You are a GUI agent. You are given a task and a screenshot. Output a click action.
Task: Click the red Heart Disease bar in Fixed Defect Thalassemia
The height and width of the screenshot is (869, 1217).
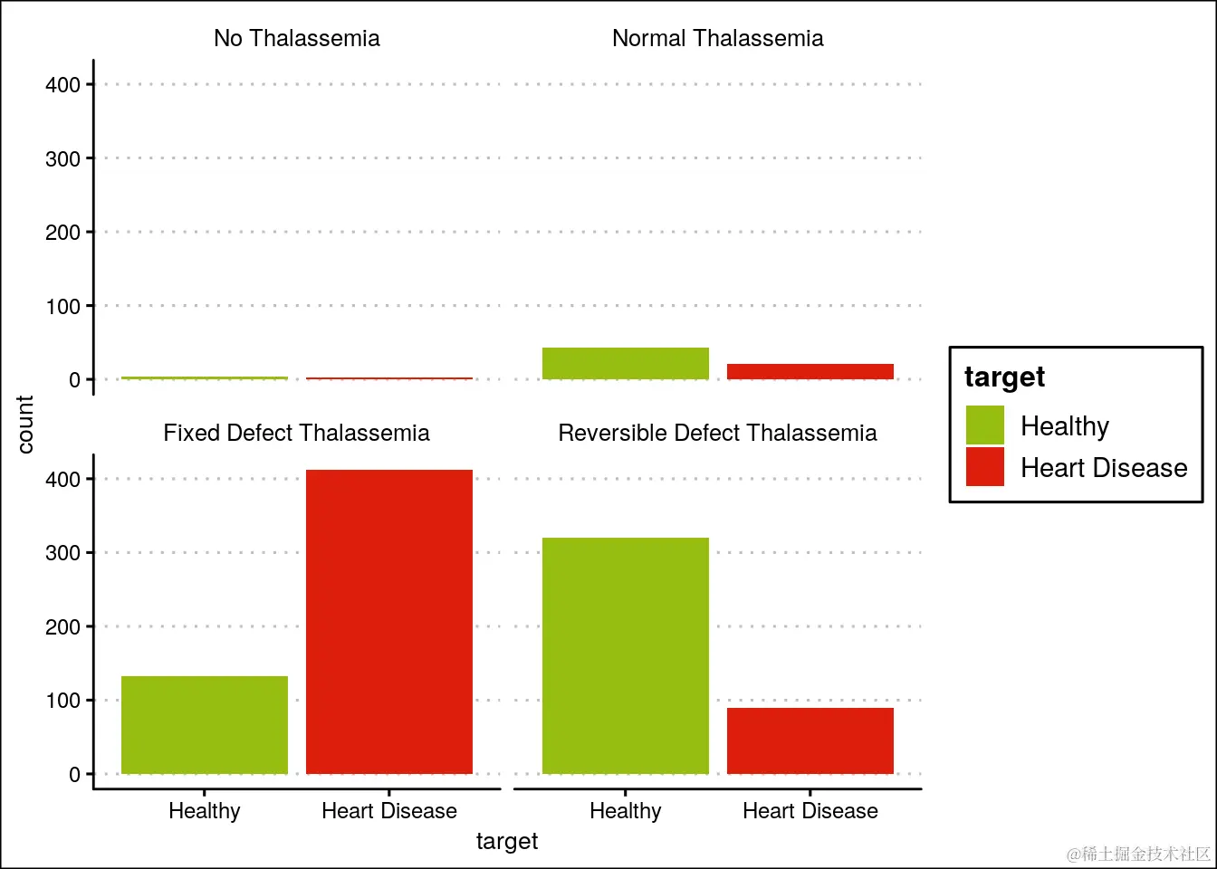(389, 622)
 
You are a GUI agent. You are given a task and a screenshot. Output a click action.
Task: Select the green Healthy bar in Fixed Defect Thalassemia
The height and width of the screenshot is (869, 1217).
(205, 725)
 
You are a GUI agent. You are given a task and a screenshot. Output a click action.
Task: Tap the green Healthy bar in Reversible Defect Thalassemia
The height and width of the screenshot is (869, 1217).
(626, 656)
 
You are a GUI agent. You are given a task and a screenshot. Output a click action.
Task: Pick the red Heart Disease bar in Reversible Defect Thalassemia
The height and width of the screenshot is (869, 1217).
(810, 740)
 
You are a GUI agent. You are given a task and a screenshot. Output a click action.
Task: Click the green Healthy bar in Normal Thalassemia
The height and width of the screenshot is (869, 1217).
(626, 363)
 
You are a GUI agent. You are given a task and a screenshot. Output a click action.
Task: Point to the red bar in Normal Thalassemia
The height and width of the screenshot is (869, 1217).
(810, 371)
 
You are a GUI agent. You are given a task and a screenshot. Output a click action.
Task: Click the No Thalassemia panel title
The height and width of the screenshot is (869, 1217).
(297, 38)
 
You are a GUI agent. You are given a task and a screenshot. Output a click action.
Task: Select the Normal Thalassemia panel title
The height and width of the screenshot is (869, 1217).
(718, 38)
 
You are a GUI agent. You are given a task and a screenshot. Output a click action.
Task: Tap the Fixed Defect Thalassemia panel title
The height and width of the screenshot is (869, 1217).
(297, 433)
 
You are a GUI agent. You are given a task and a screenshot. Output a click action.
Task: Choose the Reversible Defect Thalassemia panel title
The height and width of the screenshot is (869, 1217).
(718, 433)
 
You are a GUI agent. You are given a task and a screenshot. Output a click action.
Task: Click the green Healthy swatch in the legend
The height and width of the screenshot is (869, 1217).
(985, 425)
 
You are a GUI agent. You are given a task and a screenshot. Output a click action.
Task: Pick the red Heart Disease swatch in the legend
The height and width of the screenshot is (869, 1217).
(985, 467)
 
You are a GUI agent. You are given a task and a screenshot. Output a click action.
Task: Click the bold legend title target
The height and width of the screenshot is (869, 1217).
(1004, 377)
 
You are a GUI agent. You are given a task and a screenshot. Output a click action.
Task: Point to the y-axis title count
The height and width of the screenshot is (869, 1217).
(25, 424)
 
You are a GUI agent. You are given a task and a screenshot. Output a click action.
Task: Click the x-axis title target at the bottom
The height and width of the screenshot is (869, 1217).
(507, 841)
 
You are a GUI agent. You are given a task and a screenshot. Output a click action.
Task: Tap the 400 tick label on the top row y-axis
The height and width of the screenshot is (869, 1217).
(62, 84)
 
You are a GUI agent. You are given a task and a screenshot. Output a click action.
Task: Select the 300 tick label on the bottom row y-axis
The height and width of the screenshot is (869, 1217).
(62, 553)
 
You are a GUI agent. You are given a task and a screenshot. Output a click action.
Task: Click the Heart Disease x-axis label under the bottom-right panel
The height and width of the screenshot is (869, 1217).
(810, 811)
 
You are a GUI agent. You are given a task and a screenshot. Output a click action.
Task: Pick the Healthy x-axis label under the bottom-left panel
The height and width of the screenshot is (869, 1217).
(205, 811)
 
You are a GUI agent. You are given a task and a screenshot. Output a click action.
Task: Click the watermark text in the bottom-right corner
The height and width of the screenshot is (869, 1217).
(1138, 854)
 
